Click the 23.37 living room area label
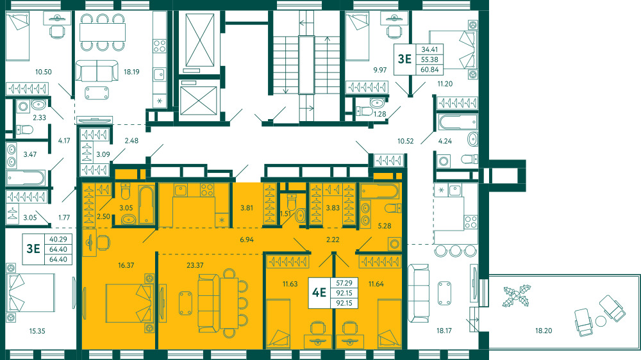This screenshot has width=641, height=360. [195, 265]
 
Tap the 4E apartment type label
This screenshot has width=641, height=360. [319, 293]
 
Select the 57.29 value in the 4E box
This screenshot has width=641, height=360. [344, 282]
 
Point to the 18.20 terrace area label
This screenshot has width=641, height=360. [544, 331]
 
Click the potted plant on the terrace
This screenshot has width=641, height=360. [517, 296]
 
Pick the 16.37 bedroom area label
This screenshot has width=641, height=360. [126, 265]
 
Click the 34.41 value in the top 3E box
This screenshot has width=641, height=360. [429, 49]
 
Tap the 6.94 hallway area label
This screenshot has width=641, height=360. [247, 240]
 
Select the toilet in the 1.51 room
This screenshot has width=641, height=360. [292, 201]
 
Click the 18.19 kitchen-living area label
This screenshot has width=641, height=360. [131, 72]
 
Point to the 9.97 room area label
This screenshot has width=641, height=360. [379, 70]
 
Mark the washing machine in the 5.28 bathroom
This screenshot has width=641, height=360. [394, 244]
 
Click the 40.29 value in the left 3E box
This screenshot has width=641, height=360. [58, 239]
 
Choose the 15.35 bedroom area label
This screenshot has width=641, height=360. [37, 331]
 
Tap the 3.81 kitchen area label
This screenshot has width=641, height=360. [247, 208]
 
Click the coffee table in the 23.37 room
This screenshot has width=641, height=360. [185, 303]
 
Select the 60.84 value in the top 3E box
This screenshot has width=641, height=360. [429, 69]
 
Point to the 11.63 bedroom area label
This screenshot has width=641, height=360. [290, 284]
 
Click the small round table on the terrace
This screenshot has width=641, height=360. [601, 321]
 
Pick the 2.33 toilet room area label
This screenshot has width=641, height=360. [39, 118]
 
